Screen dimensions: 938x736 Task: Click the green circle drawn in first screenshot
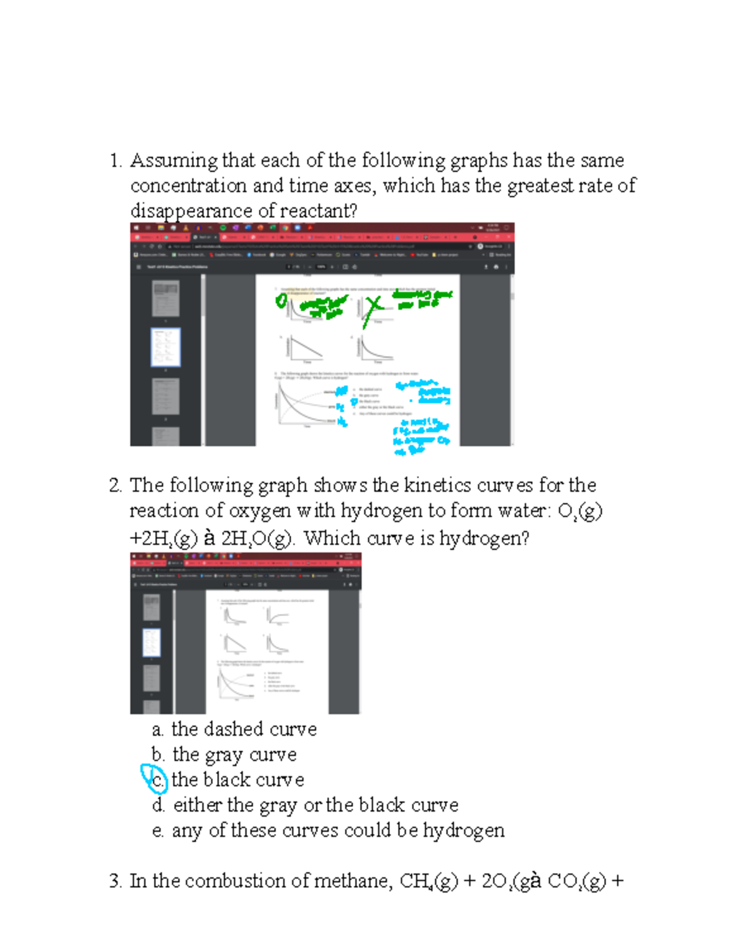(281, 300)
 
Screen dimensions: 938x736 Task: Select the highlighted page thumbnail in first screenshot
(166, 348)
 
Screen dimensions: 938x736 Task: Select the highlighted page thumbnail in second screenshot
(151, 642)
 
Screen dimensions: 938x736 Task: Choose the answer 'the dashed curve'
(243, 730)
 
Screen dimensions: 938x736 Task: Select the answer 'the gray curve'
(234, 755)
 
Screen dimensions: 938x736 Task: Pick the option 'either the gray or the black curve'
(315, 805)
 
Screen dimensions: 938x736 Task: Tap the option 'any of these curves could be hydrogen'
(338, 831)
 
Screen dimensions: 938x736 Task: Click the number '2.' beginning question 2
(116, 486)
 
